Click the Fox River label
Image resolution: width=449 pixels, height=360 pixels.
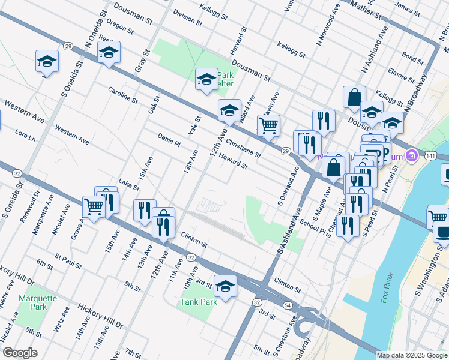click(x=387, y=288)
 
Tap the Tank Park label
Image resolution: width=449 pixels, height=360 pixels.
click(x=199, y=302)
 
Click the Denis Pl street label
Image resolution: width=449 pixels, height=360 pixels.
click(x=169, y=140)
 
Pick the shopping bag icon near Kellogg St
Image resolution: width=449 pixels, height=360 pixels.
click(x=354, y=97)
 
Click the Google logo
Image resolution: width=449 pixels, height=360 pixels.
click(x=19, y=353)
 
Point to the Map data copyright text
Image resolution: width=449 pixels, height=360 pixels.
click(x=411, y=355)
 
